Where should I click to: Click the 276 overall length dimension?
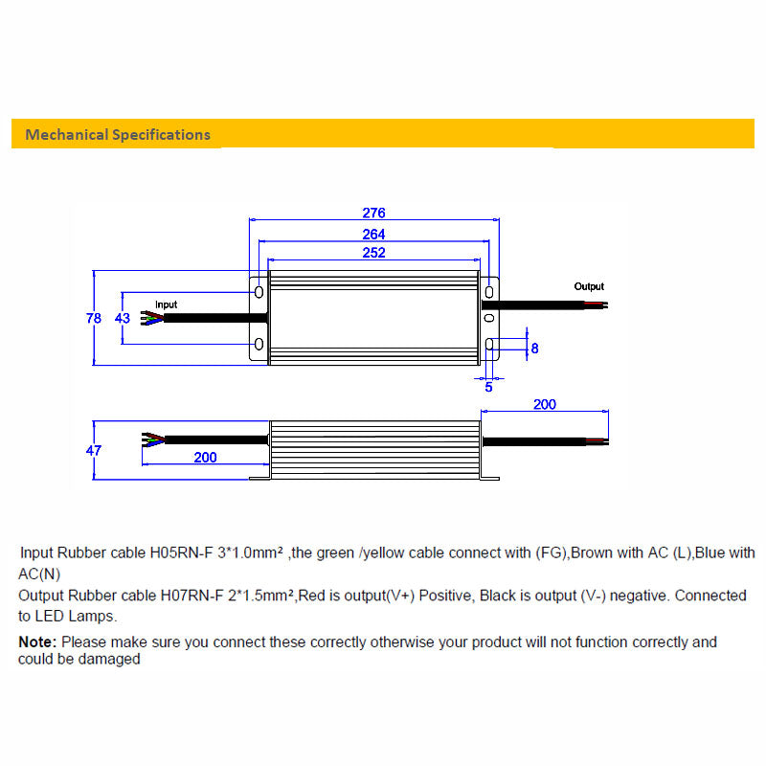(373, 213)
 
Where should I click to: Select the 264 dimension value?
(373, 234)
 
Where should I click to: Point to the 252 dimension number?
(373, 253)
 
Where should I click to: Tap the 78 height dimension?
(93, 318)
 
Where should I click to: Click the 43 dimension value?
(123, 318)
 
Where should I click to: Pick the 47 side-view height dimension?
(93, 450)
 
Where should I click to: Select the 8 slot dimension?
(534, 349)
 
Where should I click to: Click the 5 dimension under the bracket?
(488, 387)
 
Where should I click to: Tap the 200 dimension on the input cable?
(205, 458)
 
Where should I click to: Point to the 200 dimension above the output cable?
(544, 405)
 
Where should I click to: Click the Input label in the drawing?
(166, 304)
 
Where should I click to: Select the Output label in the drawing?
(589, 286)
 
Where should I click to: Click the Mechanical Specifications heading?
(118, 134)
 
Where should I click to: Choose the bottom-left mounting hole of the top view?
(259, 345)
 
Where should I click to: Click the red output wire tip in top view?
(600, 304)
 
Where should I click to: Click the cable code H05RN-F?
(177, 552)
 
